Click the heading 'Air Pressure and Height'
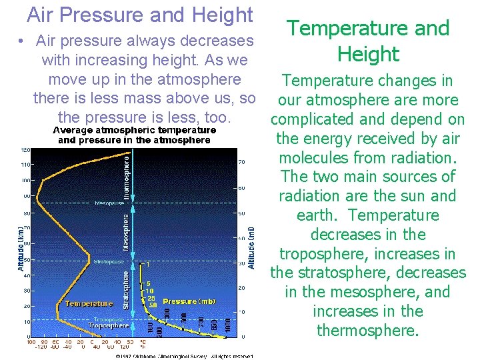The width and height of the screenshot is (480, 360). click(x=140, y=15)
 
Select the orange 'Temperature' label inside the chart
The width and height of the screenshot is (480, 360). click(x=89, y=303)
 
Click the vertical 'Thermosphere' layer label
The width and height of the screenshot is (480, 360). click(x=127, y=173)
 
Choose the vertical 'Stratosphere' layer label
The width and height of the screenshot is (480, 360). click(x=126, y=285)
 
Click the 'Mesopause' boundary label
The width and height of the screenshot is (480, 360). click(x=111, y=202)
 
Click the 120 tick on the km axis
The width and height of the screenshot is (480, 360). click(x=25, y=149)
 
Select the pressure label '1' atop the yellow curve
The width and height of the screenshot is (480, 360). click(x=149, y=265)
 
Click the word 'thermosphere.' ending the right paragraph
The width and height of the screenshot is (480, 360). click(x=368, y=331)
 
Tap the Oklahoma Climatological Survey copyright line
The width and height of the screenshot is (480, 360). click(x=183, y=356)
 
